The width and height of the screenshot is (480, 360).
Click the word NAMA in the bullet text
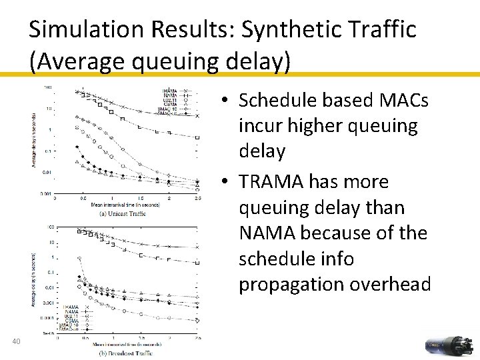[x=267, y=233]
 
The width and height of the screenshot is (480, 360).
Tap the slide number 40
[x=18, y=342]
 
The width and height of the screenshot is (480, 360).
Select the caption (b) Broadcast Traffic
[x=126, y=353]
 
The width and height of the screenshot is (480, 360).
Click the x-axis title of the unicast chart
[x=125, y=205]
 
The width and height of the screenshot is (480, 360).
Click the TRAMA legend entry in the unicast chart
[x=175, y=90]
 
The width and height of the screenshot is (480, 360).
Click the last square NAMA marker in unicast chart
[x=197, y=137]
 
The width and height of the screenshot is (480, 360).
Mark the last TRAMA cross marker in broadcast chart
[x=197, y=247]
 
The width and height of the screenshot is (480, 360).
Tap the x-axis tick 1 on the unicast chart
[x=112, y=199]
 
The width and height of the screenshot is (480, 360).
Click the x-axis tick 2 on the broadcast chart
[x=170, y=338]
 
